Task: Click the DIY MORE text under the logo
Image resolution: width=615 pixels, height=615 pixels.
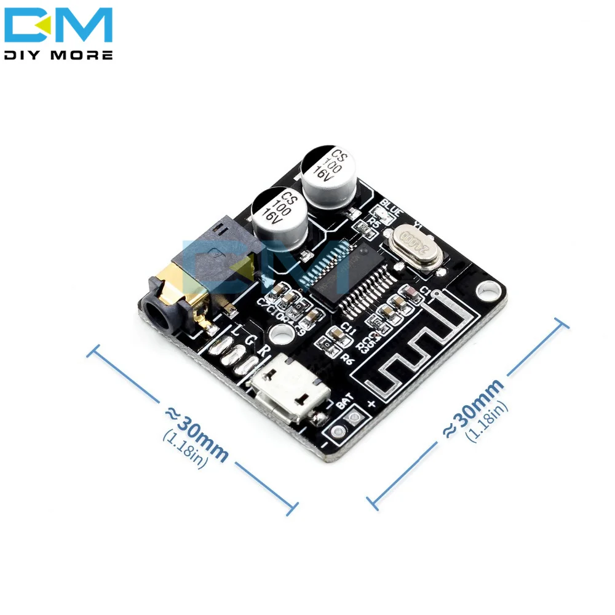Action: click(x=58, y=55)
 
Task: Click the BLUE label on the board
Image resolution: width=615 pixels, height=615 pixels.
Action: click(x=391, y=205)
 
